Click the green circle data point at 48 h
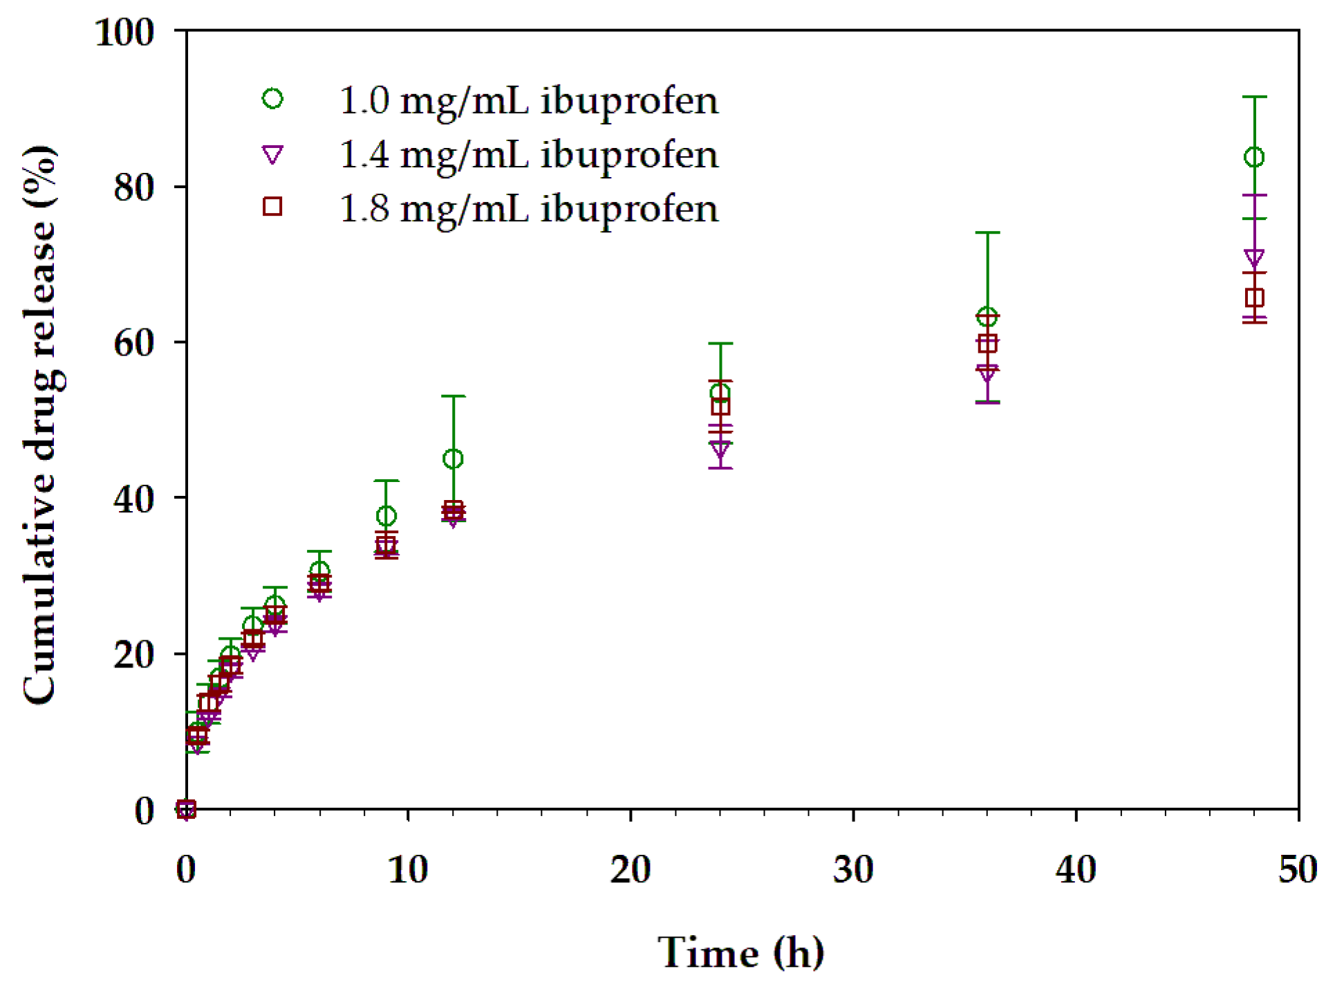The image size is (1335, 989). click(x=1253, y=157)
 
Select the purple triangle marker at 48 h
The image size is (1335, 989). click(x=1253, y=258)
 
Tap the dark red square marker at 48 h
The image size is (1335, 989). click(x=1253, y=297)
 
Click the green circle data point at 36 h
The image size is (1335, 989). click(x=987, y=317)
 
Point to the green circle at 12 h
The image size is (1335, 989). click(x=453, y=458)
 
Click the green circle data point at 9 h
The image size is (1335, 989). click(x=386, y=515)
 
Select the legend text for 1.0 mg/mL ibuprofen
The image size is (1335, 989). click(x=528, y=101)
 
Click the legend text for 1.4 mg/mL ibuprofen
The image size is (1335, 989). click(x=528, y=154)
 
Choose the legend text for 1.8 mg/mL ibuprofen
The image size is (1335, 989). click(x=528, y=208)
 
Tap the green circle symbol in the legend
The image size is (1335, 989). click(x=272, y=99)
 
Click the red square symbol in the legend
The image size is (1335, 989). click(x=272, y=206)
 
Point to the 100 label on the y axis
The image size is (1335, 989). click(x=124, y=32)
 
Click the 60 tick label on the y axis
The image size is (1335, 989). click(x=133, y=342)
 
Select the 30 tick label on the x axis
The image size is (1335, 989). click(x=853, y=870)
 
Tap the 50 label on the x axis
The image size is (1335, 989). click(x=1297, y=870)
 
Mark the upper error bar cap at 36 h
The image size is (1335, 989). click(x=987, y=233)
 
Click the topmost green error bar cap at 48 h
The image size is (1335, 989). click(x=1254, y=97)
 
